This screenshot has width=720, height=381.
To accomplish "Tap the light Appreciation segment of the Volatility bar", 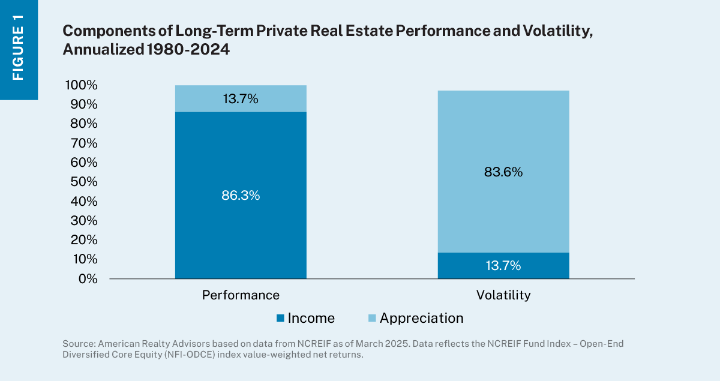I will (x=503, y=132).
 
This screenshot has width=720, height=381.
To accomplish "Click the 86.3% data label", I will (x=240, y=196).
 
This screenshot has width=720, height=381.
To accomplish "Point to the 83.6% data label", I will (x=503, y=172).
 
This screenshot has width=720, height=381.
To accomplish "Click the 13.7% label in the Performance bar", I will (x=240, y=99).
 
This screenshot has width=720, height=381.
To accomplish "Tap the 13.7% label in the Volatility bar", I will (x=503, y=266).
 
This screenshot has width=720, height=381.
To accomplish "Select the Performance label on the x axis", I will (x=241, y=295).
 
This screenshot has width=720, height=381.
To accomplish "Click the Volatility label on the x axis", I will (x=503, y=295).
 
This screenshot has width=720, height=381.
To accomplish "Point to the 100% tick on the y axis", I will (x=79, y=85).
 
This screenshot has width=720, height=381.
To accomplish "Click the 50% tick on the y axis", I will (x=82, y=182).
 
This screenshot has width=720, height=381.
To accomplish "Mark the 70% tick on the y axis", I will (x=82, y=143).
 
